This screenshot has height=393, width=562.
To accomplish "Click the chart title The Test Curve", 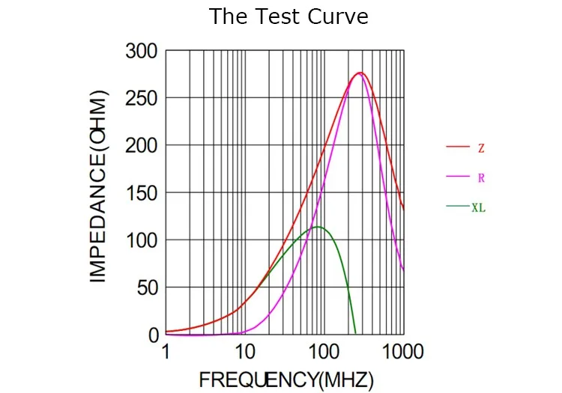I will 288,16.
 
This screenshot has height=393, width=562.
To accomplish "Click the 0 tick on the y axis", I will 151,335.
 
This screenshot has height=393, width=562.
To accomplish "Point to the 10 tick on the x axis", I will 244,351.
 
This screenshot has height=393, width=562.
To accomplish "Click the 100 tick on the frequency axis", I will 323,351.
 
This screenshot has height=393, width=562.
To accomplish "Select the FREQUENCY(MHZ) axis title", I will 285,380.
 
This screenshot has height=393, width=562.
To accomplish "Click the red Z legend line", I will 457,147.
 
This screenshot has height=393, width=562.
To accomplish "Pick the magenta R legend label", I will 480,178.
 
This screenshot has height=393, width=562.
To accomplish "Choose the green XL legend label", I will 478,208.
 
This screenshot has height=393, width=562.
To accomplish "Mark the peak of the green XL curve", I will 318,227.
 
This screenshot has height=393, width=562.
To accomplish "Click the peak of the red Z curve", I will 360,73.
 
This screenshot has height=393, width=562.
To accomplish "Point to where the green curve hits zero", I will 354,334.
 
